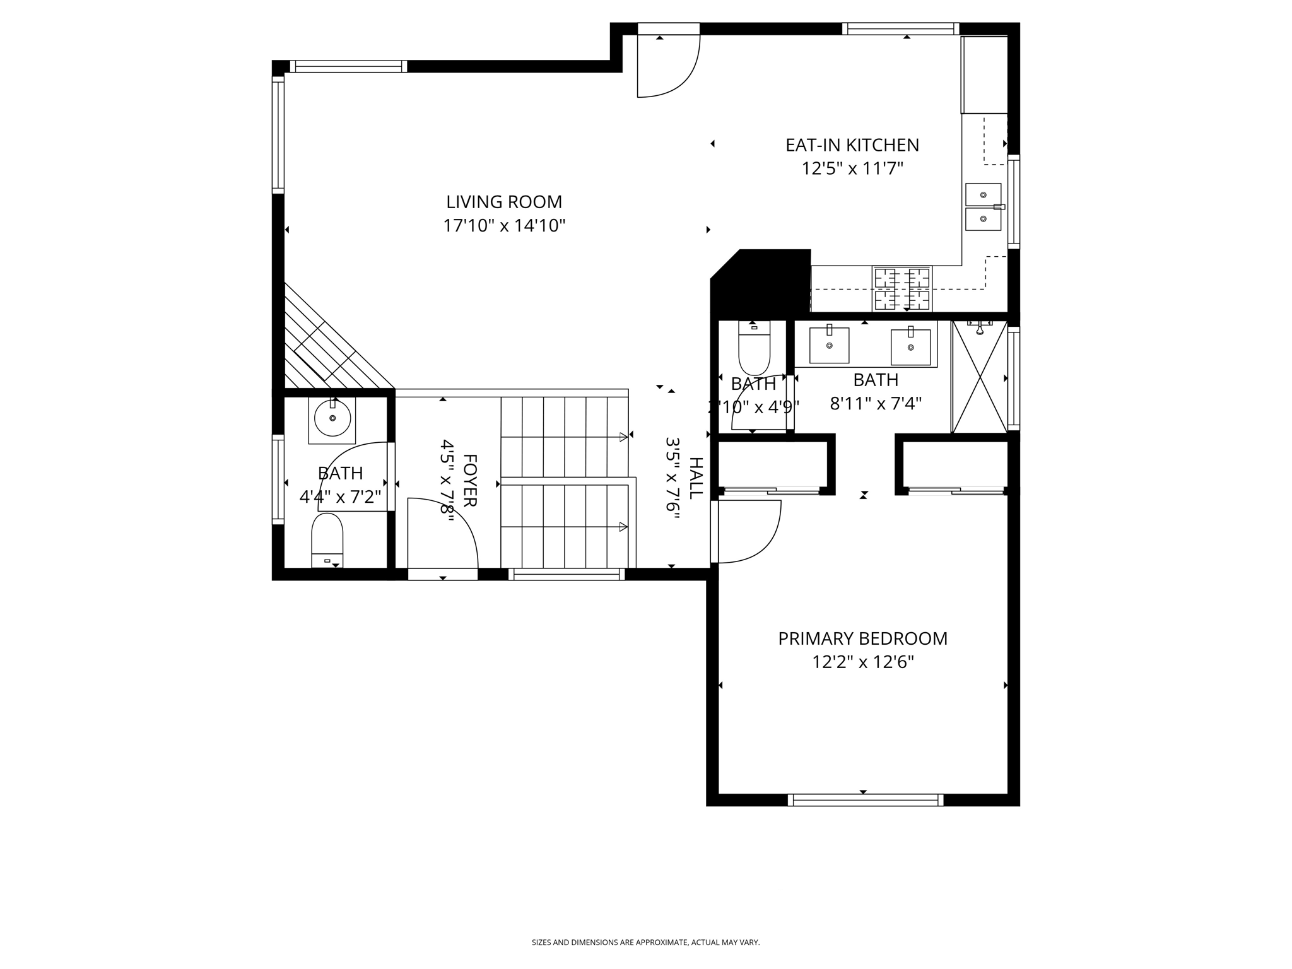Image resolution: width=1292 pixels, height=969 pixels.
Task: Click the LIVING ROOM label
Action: click(504, 202)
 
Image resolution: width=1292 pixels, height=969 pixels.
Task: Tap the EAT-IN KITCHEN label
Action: click(852, 145)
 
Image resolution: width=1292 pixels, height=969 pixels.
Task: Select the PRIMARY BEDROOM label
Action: click(862, 638)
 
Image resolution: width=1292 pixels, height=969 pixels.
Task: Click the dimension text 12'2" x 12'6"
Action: click(862, 662)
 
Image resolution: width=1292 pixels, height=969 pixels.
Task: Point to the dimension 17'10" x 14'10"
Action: click(504, 226)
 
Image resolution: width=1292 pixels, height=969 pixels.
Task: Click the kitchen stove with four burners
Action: click(902, 289)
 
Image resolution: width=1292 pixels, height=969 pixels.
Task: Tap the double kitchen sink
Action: click(983, 207)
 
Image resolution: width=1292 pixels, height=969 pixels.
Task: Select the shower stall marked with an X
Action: click(979, 377)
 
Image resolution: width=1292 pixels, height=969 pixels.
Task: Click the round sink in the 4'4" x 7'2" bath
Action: click(332, 417)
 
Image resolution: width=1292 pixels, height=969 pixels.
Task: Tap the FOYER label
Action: click(470, 480)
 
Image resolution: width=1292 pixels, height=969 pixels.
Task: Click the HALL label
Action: click(695, 478)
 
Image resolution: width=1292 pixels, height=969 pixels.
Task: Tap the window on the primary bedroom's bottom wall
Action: click(865, 800)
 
